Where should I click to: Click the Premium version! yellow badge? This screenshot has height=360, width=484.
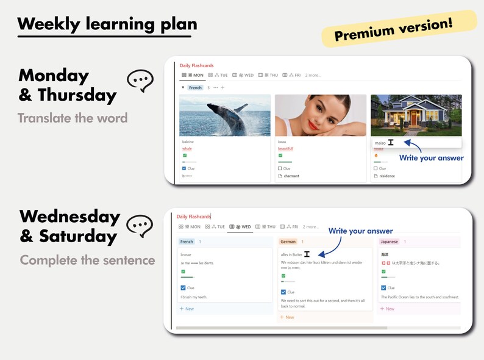click(x=399, y=29)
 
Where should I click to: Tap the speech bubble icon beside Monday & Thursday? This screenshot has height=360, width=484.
click(x=140, y=81)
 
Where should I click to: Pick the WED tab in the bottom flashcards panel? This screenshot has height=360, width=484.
click(x=240, y=226)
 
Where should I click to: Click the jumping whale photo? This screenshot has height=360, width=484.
click(x=224, y=115)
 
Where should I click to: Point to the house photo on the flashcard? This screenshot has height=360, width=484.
click(x=416, y=115)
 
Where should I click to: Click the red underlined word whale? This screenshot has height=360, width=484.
click(x=187, y=148)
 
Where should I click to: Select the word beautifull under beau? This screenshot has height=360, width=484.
click(x=285, y=148)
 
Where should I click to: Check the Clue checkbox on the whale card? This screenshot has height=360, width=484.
click(x=184, y=168)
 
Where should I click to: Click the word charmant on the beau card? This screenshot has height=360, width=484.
click(x=291, y=176)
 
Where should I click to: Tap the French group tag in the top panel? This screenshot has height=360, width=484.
click(x=195, y=88)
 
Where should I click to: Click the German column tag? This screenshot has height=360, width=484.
click(x=288, y=242)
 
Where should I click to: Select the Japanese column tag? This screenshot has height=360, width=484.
click(x=389, y=242)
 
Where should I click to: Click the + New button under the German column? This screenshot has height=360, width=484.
click(x=286, y=317)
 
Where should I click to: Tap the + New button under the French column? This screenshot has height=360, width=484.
click(x=187, y=309)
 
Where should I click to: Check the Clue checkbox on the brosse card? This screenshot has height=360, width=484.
click(x=183, y=288)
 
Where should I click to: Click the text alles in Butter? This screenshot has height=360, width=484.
click(x=291, y=254)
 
